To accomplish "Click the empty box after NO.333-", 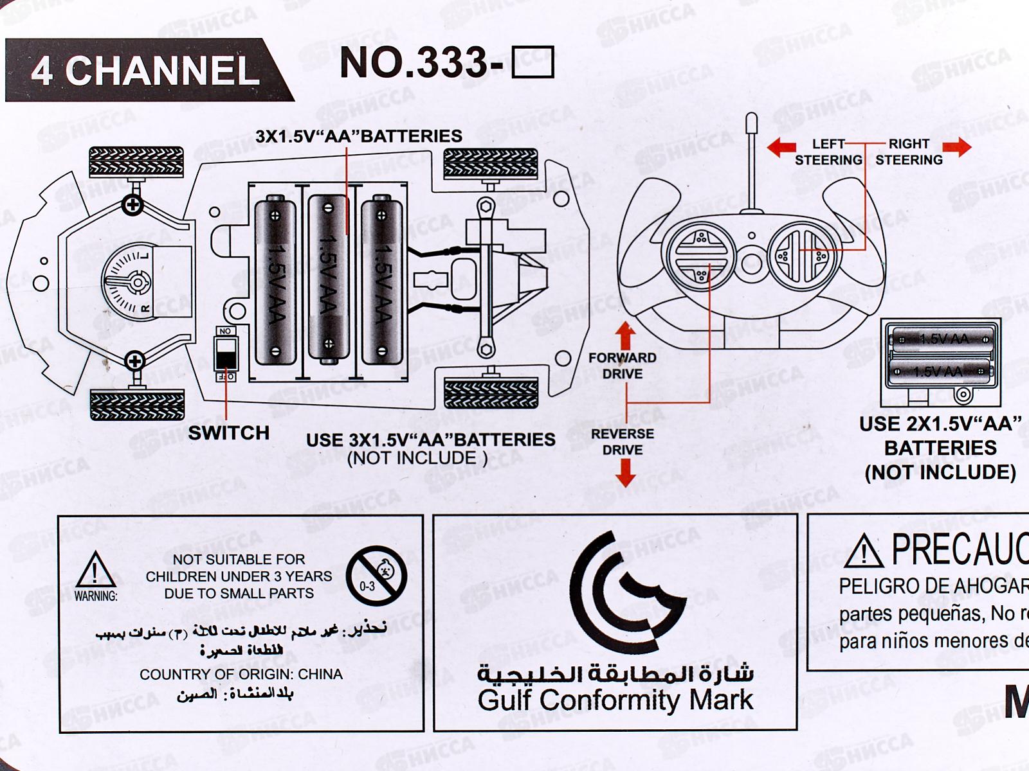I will pos(533,63).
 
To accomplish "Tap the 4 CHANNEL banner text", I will pos(145,70).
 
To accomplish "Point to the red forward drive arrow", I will pos(625,335).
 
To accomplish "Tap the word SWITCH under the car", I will pos(228,433).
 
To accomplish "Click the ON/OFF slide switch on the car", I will pos(226,355).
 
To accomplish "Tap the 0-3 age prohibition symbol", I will pos(376,576).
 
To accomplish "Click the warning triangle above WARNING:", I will pos(96,569).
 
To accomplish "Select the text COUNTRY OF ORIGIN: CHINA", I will pos(241,675).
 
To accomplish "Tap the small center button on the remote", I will pos(751,261).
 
